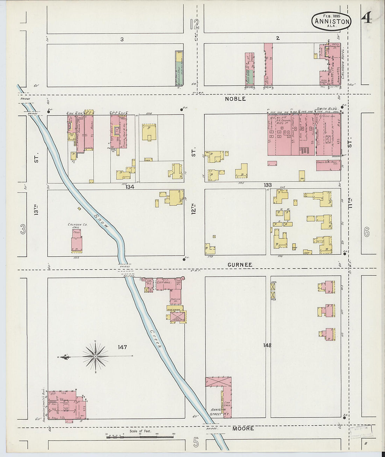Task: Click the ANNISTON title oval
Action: [331, 21]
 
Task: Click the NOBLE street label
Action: [235, 99]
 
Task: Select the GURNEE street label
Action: [240, 265]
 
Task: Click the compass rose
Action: [95, 356]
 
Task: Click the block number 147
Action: [122, 347]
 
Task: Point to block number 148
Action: [267, 345]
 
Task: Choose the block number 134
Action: [130, 187]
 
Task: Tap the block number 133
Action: [268, 185]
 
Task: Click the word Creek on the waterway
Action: [156, 339]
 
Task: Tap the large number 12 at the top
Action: [195, 24]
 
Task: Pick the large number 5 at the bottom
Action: [196, 443]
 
